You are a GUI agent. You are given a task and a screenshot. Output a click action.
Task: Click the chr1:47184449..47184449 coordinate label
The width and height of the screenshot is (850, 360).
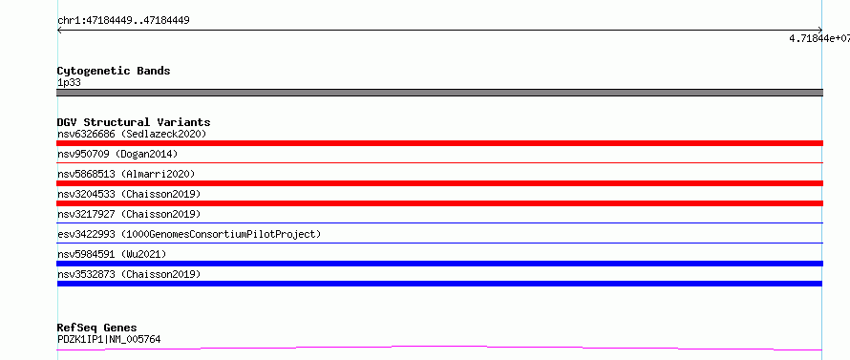(x=123, y=21)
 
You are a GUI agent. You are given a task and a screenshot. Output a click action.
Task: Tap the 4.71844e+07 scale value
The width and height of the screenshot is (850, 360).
(x=819, y=38)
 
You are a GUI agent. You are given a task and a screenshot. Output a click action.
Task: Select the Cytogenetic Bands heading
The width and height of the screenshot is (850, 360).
(x=114, y=71)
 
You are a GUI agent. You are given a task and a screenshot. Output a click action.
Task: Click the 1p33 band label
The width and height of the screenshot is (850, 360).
(x=70, y=83)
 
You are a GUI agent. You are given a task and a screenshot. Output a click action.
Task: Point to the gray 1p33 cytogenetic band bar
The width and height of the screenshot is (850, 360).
(x=439, y=93)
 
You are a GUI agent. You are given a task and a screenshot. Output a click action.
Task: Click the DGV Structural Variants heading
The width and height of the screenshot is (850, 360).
(x=134, y=122)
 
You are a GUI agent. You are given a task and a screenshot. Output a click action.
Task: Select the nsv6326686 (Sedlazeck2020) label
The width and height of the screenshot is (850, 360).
(x=132, y=134)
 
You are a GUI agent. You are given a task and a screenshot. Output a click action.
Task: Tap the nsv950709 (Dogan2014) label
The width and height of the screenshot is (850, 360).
(x=117, y=154)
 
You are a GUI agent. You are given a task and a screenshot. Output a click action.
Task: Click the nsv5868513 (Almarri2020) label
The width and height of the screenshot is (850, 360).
(x=126, y=174)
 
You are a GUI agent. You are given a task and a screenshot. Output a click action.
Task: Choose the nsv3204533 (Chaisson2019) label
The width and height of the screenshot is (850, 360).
(x=129, y=194)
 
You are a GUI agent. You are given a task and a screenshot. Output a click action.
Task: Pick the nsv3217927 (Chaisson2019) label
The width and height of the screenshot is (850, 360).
(x=129, y=214)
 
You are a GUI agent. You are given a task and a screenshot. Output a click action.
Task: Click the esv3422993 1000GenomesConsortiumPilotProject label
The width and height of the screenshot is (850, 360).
(x=189, y=234)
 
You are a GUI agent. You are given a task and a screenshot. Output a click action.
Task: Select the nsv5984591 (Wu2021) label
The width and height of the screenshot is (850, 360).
(x=112, y=254)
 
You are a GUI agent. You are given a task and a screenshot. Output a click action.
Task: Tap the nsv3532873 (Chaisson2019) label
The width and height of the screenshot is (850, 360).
(x=129, y=274)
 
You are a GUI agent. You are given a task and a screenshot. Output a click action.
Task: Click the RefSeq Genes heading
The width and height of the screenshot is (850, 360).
(x=97, y=328)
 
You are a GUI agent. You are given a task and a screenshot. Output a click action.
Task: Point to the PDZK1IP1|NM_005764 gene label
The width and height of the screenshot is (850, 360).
(x=109, y=340)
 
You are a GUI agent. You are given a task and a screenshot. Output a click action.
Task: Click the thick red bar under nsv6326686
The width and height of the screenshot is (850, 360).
(x=439, y=143)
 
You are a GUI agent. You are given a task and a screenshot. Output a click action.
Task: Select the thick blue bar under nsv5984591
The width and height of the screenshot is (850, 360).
(x=439, y=264)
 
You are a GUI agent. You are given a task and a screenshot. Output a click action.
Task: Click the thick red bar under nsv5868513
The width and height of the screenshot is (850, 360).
(x=439, y=183)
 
